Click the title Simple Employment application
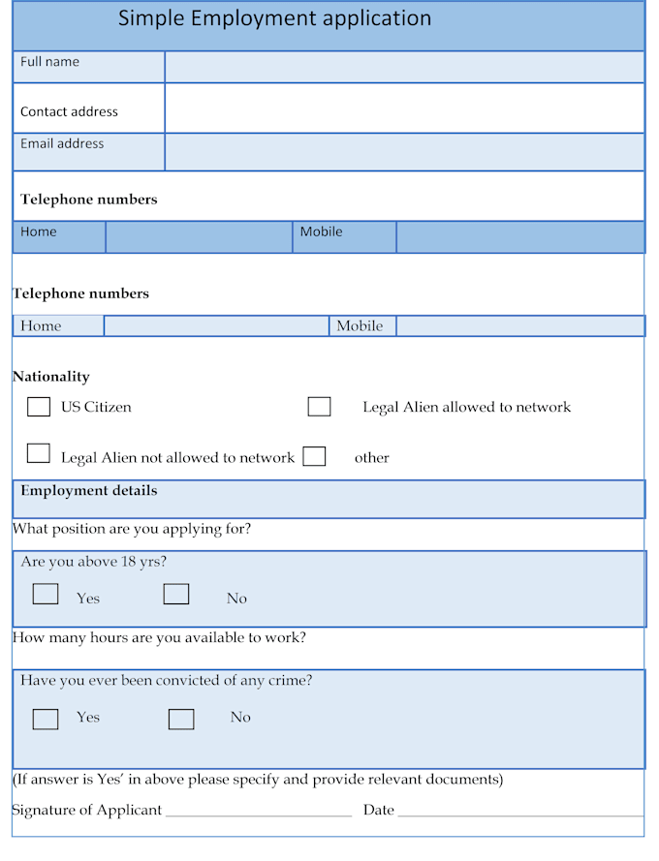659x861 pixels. pyautogui.click(x=274, y=18)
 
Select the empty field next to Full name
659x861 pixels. pyautogui.click(x=404, y=67)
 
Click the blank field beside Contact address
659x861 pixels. pyautogui.click(x=404, y=108)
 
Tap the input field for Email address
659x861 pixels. pyautogui.click(x=404, y=152)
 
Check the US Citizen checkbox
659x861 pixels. pyautogui.click(x=39, y=407)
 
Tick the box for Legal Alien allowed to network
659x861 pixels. pyautogui.click(x=319, y=407)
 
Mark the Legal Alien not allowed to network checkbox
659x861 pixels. pyautogui.click(x=39, y=452)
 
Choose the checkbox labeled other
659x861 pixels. pyautogui.click(x=314, y=456)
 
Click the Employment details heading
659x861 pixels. pyautogui.click(x=88, y=491)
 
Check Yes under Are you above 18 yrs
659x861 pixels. pyautogui.click(x=46, y=594)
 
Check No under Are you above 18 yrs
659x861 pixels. pyautogui.click(x=176, y=594)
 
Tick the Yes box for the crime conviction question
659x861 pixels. pyautogui.click(x=46, y=719)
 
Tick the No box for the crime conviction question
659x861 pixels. pyautogui.click(x=181, y=719)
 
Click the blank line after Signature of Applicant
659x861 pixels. pyautogui.click(x=259, y=811)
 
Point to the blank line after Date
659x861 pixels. pyautogui.click(x=520, y=811)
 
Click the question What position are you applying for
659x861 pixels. pyautogui.click(x=132, y=530)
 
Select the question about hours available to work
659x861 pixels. pyautogui.click(x=159, y=638)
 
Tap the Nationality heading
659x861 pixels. pyautogui.click(x=50, y=377)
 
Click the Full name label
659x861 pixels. pyautogui.click(x=49, y=62)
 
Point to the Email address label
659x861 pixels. pyautogui.click(x=62, y=143)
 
